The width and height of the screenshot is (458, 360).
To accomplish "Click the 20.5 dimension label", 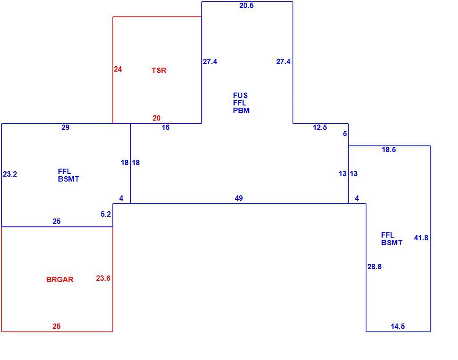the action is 246,5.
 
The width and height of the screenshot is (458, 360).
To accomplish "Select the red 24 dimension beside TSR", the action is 118,69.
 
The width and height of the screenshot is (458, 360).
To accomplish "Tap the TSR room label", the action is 159,70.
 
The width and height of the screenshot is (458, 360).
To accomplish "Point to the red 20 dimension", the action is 156,118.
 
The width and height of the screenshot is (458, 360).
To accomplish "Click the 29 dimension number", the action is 65,127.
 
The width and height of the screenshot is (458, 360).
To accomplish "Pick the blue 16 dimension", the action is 165,127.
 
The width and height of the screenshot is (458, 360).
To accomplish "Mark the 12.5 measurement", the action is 320,127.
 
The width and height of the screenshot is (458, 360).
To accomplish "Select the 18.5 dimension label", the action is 389,150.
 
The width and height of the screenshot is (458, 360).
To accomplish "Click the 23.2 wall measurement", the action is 10,174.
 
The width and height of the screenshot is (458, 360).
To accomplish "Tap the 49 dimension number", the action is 239,198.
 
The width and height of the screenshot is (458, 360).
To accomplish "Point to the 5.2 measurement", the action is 106,214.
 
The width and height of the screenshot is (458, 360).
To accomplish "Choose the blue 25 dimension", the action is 56,221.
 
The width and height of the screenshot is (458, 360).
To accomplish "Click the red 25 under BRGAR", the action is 56,326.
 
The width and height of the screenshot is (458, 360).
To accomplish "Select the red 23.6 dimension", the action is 103,278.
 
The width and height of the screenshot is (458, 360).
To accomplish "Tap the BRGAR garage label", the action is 60,279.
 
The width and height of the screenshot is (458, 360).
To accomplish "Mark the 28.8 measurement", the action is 374,267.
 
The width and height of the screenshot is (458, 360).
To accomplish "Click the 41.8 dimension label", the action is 421,238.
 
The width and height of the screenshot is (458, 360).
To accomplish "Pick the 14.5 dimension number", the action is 398,326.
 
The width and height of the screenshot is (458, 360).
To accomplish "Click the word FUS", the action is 241,95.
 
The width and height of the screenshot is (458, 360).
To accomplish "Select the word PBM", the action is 241,110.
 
